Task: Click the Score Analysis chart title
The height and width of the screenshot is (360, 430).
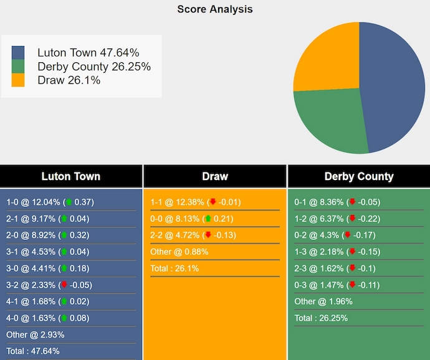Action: (x=215, y=9)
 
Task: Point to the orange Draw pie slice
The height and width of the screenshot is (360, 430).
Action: (x=327, y=59)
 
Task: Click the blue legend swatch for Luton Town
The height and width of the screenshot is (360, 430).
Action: (x=18, y=53)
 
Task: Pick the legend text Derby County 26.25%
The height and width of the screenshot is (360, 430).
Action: (x=94, y=67)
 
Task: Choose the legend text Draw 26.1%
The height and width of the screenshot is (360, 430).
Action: (x=69, y=80)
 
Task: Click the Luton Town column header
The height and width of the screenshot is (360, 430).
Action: (x=70, y=176)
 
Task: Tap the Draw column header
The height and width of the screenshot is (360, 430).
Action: (x=215, y=176)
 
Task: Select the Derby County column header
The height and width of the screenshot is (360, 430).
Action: (x=359, y=176)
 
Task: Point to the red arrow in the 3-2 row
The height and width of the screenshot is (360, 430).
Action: (x=64, y=285)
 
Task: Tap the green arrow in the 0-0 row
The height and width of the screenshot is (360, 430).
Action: (x=208, y=219)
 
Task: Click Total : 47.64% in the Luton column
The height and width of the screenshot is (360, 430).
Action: (x=33, y=351)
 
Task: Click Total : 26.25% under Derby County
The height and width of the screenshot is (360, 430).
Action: (x=321, y=318)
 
